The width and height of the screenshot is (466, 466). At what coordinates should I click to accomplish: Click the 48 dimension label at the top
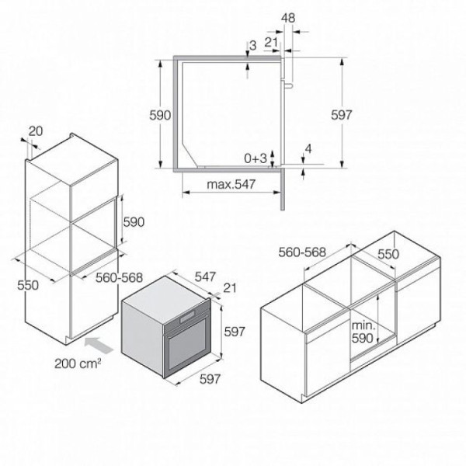coord(288,19)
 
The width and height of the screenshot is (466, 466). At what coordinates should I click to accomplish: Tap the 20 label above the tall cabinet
coord(36,131)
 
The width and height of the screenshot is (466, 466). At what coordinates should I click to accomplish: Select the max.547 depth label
coord(231,184)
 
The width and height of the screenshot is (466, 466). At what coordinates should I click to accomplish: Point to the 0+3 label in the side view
coord(256,158)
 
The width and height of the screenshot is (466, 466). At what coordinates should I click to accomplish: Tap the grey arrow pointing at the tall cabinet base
coord(99,346)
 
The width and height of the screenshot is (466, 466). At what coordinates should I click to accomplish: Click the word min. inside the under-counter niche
coord(363,325)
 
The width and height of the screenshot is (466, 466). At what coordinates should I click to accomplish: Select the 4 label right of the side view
coord(308,149)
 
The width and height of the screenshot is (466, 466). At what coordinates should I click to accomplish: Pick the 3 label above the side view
coord(252,46)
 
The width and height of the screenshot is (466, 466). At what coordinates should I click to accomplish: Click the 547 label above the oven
coord(205,277)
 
